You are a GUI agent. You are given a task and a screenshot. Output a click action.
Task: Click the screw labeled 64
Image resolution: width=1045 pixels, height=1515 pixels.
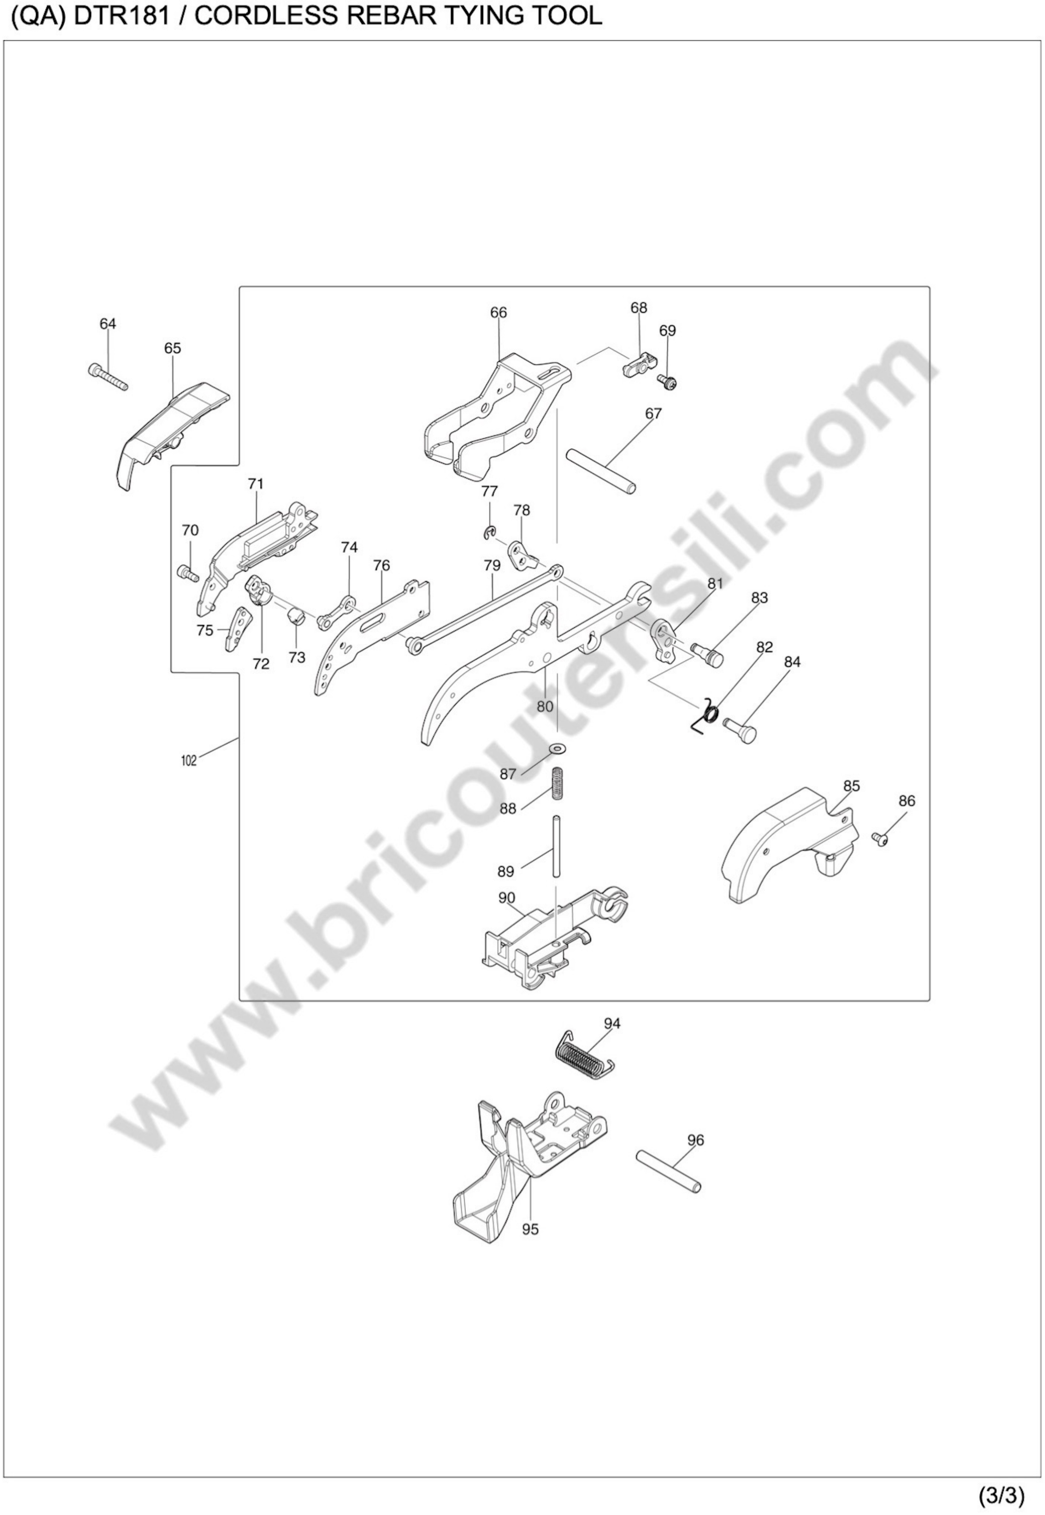pos(107,377)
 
